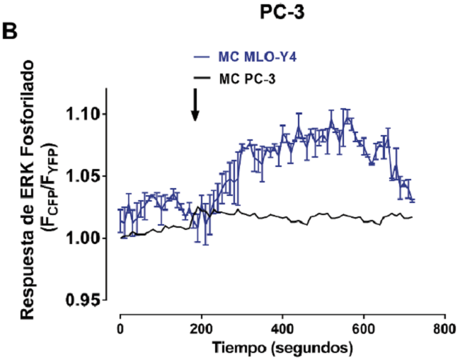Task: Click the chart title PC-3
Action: pos(281,11)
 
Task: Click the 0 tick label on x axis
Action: pos(120,330)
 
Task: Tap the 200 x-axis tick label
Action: pos(201,330)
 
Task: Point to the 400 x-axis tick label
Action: pos(282,330)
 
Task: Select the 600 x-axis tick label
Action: pos(363,330)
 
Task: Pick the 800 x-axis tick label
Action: pos(444,330)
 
